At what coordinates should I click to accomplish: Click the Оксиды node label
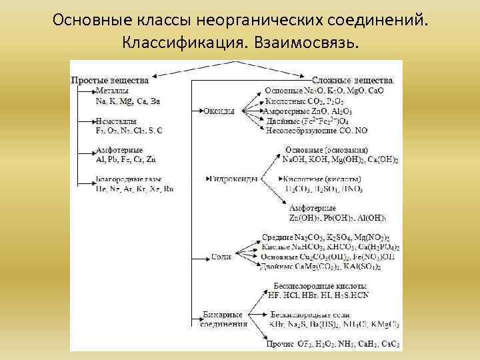[x=219, y=111]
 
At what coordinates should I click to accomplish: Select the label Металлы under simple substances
[x=112, y=90]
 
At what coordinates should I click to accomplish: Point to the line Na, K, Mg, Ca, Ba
[x=128, y=101]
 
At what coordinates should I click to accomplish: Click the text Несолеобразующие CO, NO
[x=316, y=131]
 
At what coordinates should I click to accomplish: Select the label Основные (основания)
[x=327, y=150]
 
